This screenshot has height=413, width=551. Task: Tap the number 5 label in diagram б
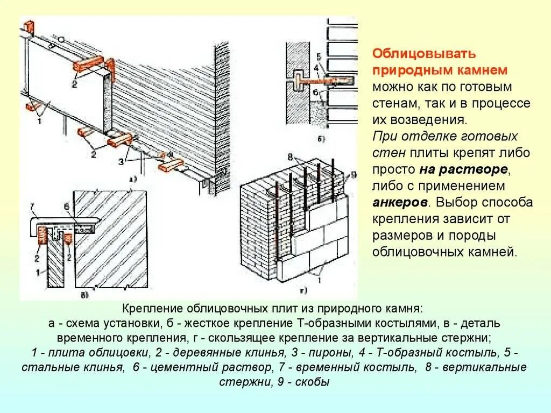tap(318, 56)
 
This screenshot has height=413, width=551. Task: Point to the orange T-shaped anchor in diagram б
tap(323, 81)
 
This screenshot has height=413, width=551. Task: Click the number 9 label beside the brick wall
tap(354, 174)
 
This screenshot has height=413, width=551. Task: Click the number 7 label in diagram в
tap(32, 206)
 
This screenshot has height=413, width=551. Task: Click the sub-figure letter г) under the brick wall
tap(303, 291)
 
